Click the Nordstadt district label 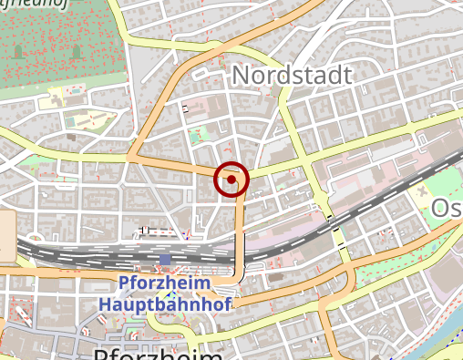291,75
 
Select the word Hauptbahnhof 164,303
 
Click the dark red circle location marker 231,180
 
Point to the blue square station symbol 165,261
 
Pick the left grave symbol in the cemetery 18,51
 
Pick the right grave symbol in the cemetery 76,51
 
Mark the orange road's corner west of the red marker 130,159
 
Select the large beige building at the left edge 6,236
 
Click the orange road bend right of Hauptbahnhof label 239,273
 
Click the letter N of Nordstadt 241,75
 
